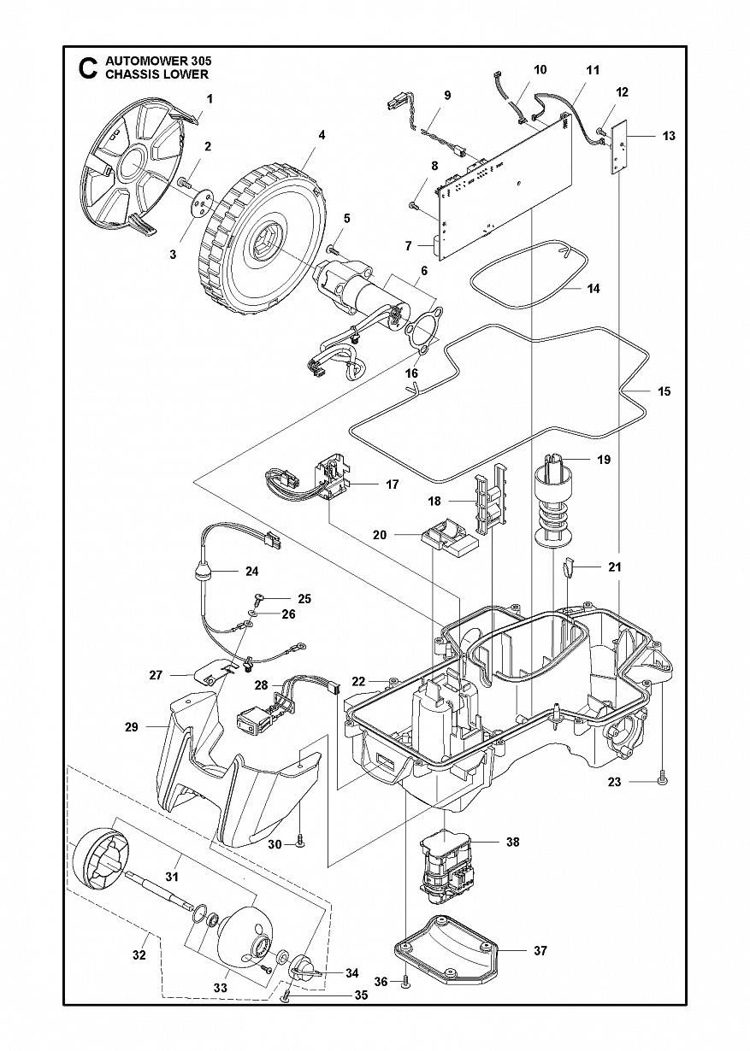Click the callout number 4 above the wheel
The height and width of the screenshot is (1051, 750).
click(x=322, y=135)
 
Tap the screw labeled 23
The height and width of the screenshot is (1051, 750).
click(x=664, y=779)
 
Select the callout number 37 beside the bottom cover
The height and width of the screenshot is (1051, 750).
click(x=540, y=950)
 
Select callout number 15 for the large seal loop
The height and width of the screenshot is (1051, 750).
click(x=664, y=391)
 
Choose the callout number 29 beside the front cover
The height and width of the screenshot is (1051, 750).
click(x=131, y=727)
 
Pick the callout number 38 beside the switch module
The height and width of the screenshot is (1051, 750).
click(x=512, y=842)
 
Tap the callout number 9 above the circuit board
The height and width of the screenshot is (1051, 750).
click(x=447, y=95)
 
